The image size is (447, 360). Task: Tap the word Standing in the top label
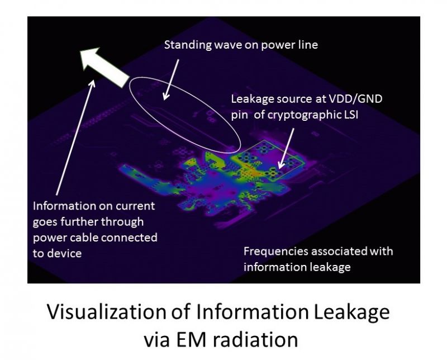(x=188, y=45)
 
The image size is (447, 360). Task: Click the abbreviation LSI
(x=350, y=115)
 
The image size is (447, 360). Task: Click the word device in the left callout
(x=65, y=253)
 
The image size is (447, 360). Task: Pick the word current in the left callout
(x=136, y=206)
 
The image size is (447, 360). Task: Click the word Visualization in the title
(x=106, y=311)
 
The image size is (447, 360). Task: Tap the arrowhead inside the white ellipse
(x=166, y=96)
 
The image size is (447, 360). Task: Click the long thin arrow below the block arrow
(x=75, y=137)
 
